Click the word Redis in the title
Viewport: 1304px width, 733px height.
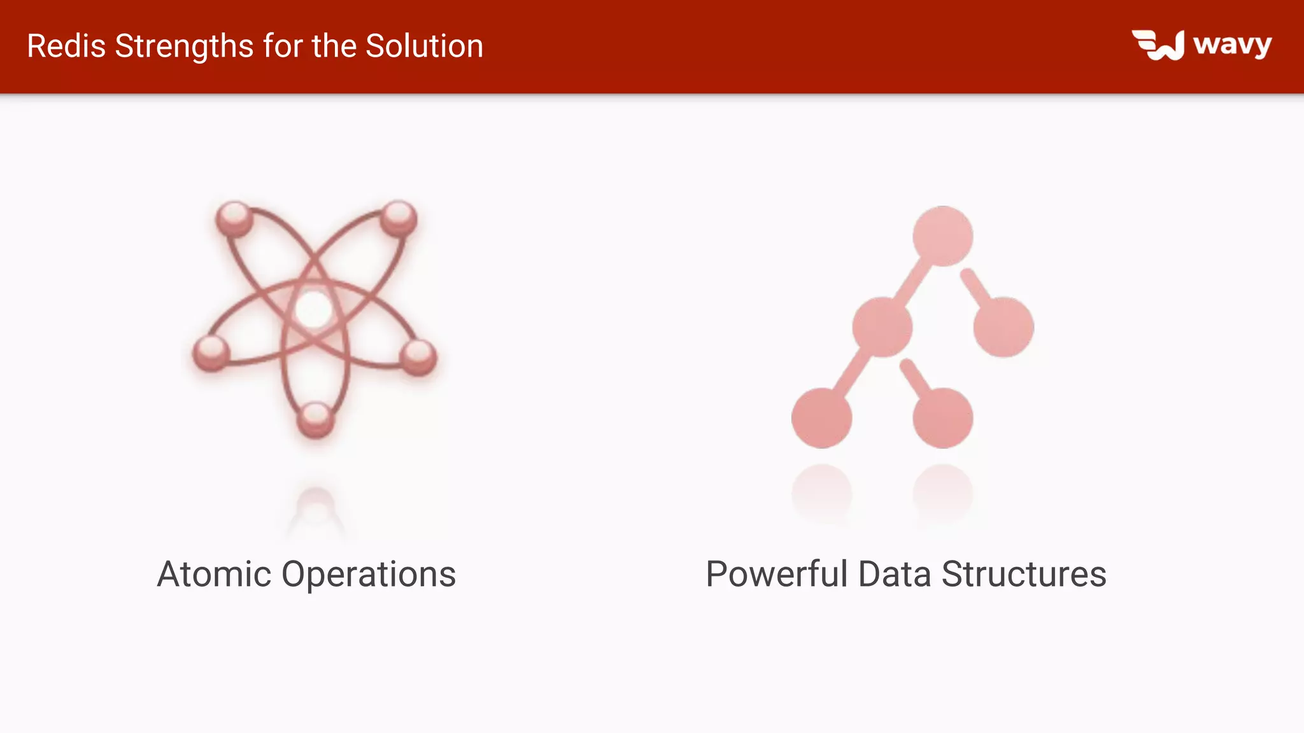(66, 46)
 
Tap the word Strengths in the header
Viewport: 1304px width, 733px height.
(185, 46)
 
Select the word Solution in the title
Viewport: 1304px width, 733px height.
(424, 46)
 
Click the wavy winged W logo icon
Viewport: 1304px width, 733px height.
(1158, 45)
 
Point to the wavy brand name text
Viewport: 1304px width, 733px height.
(1233, 45)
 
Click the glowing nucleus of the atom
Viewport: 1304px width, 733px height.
(313, 310)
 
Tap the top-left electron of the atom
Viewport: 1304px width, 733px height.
(234, 218)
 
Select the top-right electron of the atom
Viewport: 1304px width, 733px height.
(399, 218)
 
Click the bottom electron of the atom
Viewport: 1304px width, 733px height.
(316, 419)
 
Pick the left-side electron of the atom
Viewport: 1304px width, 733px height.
(211, 352)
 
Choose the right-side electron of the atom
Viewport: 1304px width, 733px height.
(418, 356)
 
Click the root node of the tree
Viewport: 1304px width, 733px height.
(942, 236)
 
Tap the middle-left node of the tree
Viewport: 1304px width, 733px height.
(882, 327)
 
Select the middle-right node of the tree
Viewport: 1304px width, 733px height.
(1003, 327)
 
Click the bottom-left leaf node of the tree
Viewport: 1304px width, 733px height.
(822, 418)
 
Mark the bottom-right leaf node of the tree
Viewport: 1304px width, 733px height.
(942, 418)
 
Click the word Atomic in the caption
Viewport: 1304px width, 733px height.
(214, 574)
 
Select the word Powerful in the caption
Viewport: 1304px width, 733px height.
(777, 574)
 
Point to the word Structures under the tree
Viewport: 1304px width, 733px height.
(1024, 574)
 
